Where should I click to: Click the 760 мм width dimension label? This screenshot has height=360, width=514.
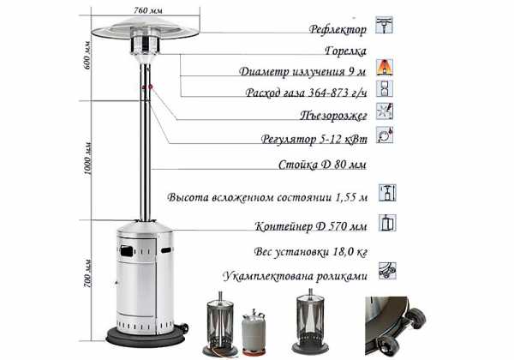(x=148, y=10)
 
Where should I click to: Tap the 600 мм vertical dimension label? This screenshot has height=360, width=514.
(x=87, y=55)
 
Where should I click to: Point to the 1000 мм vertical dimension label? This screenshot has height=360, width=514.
(x=88, y=158)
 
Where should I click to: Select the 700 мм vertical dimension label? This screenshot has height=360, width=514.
(x=87, y=273)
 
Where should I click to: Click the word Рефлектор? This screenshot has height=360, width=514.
(x=338, y=29)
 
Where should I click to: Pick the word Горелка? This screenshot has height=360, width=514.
(x=345, y=51)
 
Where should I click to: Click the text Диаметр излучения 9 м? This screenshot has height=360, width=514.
(x=302, y=71)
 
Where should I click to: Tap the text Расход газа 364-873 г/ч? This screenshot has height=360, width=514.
(x=306, y=93)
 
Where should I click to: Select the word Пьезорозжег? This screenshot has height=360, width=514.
(x=333, y=115)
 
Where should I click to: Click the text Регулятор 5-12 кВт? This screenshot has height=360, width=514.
(x=314, y=139)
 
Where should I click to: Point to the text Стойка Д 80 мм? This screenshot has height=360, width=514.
(x=322, y=165)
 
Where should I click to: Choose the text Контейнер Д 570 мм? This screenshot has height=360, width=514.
(x=311, y=226)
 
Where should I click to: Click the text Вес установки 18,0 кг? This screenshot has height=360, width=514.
(x=310, y=252)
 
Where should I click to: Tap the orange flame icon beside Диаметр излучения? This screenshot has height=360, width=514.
(x=384, y=67)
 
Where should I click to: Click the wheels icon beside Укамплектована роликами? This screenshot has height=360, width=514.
(x=387, y=271)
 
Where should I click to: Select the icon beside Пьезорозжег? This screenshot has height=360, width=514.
(x=384, y=111)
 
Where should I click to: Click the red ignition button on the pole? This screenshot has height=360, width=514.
(x=151, y=87)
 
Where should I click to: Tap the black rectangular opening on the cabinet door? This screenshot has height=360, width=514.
(x=127, y=251)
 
